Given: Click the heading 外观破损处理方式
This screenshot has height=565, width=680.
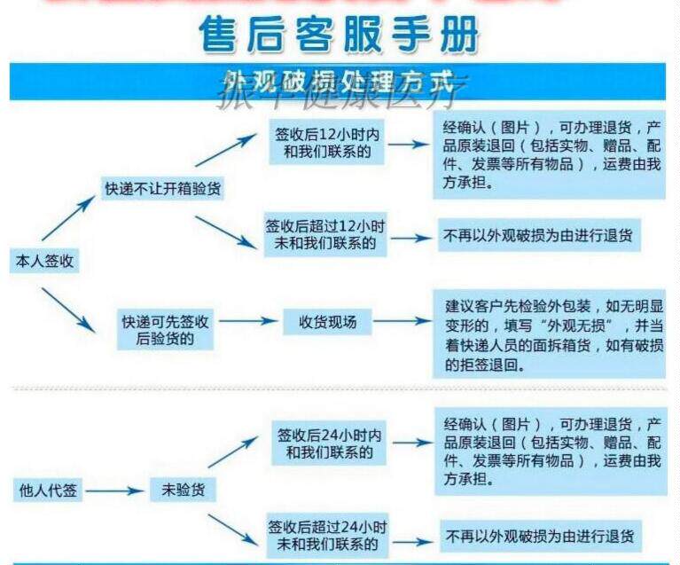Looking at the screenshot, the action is [340, 81].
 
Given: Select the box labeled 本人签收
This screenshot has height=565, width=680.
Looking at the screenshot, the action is [42, 261].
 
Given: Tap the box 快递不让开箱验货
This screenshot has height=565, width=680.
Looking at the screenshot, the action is [163, 187].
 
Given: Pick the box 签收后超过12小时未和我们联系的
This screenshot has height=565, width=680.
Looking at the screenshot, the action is [326, 234].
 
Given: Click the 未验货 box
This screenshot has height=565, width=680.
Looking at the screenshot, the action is [182, 490].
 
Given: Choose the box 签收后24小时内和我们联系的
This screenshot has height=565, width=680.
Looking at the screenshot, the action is [329, 443].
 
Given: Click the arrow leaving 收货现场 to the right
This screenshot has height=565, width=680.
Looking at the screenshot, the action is [400, 322].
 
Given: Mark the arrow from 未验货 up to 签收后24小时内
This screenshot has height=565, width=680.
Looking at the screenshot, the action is [232, 453].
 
